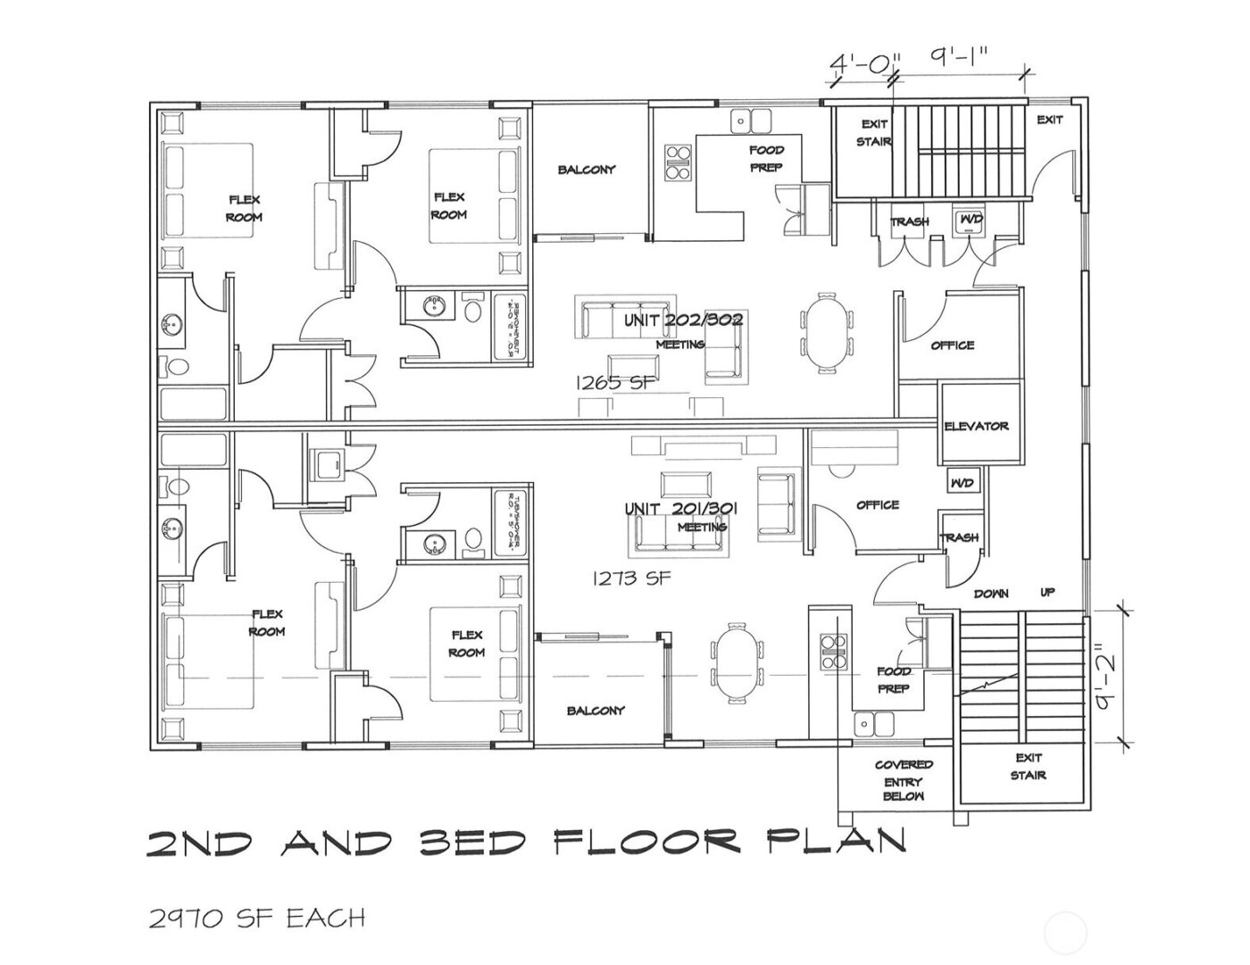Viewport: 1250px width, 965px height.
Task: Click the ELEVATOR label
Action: [977, 427]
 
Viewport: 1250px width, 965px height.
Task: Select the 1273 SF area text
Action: [631, 578]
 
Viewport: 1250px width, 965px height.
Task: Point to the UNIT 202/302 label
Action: [683, 320]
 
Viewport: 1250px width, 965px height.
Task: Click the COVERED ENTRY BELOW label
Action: [904, 780]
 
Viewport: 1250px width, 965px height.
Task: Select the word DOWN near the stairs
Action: [991, 594]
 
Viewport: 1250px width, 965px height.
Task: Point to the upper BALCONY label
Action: [587, 170]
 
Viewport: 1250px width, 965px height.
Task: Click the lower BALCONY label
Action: [596, 711]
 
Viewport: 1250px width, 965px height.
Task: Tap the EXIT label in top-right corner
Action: [1050, 120]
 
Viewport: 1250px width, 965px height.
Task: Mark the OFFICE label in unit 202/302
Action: [953, 345]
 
